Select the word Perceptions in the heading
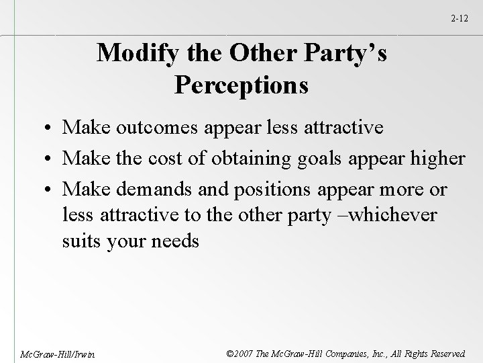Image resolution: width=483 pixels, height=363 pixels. click(241, 85)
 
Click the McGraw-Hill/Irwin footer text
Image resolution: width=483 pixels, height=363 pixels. click(48, 353)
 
